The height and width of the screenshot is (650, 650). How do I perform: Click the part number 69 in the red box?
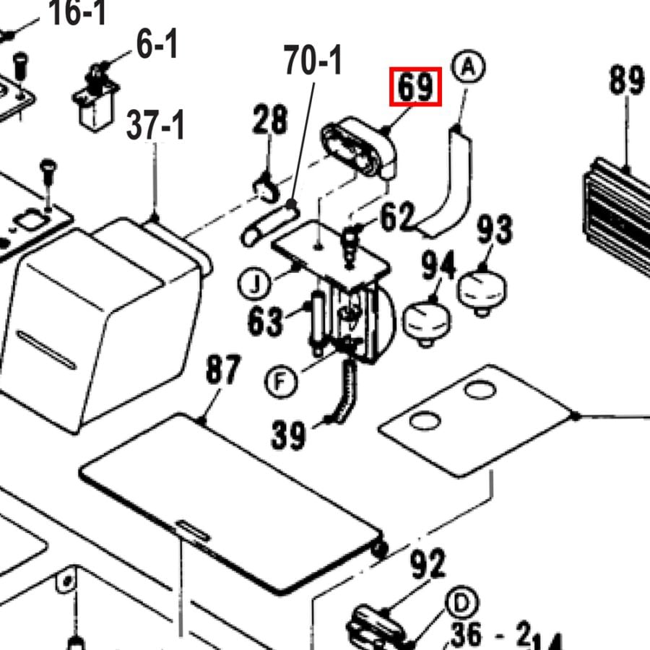415,87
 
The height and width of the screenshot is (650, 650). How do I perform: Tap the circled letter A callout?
469,67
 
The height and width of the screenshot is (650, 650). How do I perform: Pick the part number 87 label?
222,371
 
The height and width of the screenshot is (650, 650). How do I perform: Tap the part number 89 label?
625,79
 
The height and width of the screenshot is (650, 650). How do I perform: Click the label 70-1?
313,61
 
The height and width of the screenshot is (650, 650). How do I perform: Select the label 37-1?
156,126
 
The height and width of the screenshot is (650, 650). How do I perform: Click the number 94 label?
438,266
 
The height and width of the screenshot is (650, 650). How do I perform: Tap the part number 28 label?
270,120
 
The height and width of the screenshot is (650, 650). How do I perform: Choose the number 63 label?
264,320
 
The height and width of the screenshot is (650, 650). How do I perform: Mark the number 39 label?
289,434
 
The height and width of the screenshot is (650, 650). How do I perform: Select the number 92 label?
428,564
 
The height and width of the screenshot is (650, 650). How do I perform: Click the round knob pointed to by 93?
482,289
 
